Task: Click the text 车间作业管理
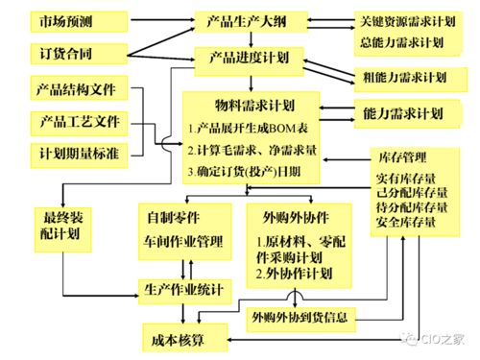pyautogui.click(x=182, y=240)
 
